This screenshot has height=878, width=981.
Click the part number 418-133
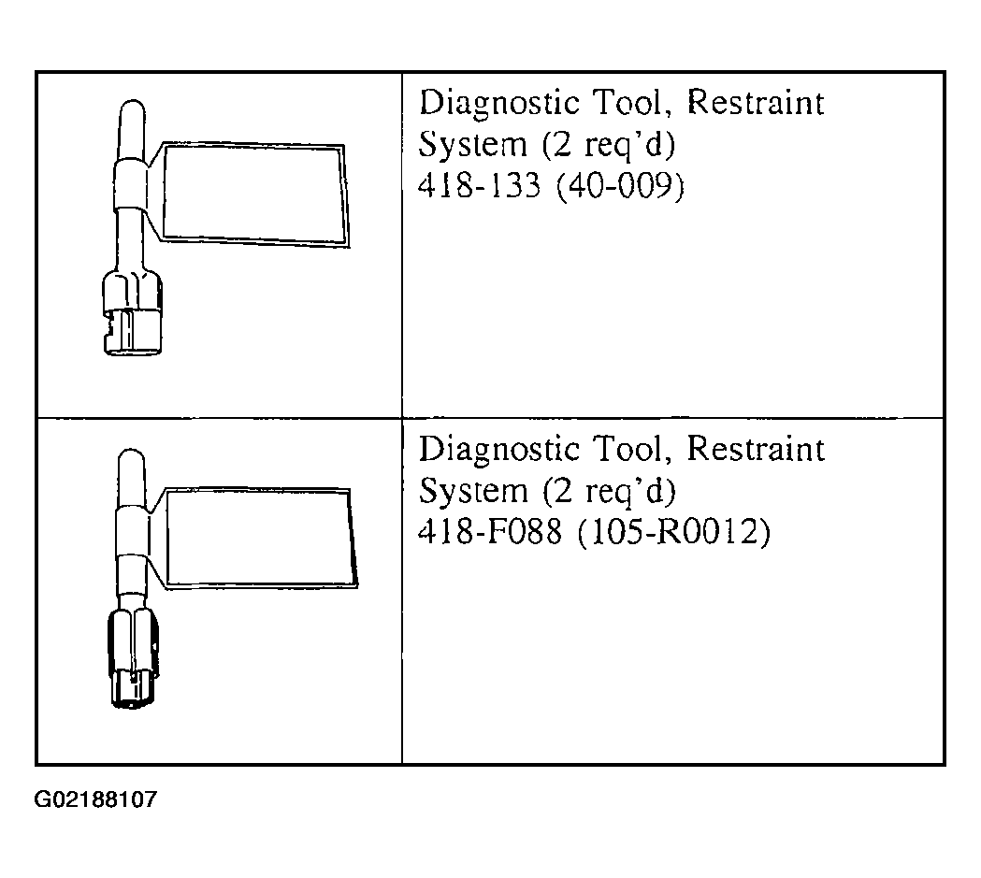click(479, 186)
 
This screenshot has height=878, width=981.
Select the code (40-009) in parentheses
click(620, 186)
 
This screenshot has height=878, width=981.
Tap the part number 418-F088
click(490, 532)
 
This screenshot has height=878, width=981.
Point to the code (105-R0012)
click(673, 533)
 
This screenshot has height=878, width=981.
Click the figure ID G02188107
click(95, 799)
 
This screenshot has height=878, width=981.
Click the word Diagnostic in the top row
click(499, 104)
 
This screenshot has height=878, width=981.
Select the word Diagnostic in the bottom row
click(499, 451)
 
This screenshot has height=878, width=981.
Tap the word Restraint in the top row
click(756, 102)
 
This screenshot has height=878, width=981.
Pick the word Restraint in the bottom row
click(756, 449)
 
